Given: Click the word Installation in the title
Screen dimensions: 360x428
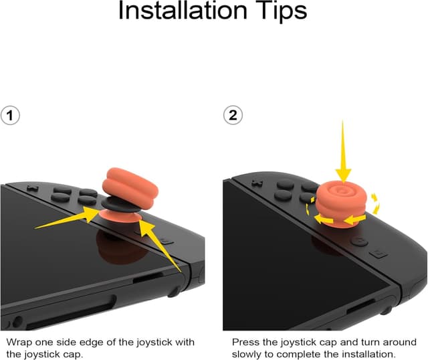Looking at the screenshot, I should [x=181, y=11].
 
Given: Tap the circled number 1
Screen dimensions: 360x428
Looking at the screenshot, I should [x=9, y=116].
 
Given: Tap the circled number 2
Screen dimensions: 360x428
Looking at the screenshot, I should [x=233, y=116].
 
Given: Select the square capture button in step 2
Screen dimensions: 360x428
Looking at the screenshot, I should [x=379, y=253].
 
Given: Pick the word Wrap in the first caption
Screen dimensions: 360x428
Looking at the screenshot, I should [x=19, y=343].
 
